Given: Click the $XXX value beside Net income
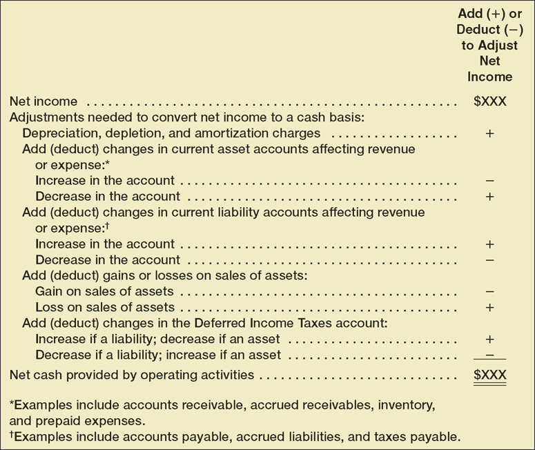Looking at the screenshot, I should click(x=489, y=101).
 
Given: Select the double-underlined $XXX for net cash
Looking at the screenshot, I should click(x=489, y=375).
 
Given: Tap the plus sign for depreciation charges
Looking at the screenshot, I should click(x=489, y=133).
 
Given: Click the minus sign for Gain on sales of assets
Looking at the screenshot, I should click(x=489, y=292).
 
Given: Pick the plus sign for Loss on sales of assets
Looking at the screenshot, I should click(x=489, y=308).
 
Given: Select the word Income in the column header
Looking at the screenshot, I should click(x=489, y=77).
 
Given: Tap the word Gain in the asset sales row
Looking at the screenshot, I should click(x=49, y=292).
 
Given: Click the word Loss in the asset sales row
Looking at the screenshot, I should click(x=49, y=308).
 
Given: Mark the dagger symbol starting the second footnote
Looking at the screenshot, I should click(x=12, y=434).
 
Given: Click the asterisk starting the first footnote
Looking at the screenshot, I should click(x=12, y=402).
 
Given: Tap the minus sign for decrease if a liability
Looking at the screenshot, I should click(x=489, y=355).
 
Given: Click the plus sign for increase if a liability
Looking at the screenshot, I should click(x=489, y=340).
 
